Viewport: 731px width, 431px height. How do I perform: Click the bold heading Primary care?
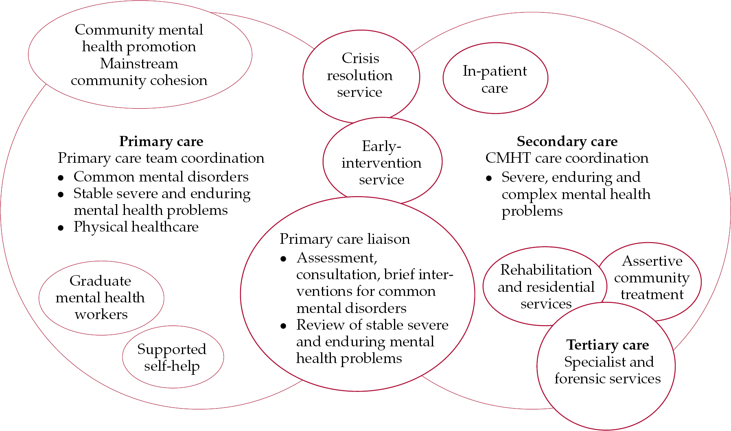click(161, 141)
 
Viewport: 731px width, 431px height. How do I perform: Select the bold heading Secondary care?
click(567, 141)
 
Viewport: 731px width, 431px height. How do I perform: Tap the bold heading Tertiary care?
click(607, 345)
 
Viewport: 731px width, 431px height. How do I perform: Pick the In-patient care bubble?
click(495, 79)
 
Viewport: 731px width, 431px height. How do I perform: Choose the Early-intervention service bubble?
click(381, 162)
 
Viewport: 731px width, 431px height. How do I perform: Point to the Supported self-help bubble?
click(172, 357)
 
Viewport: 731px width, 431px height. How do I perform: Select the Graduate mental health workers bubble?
click(101, 298)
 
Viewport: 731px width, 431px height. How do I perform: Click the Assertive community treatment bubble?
click(652, 278)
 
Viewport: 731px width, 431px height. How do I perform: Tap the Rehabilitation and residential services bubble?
click(546, 287)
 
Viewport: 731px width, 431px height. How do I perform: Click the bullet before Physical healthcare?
click(61, 228)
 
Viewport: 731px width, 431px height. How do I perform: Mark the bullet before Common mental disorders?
click(61, 178)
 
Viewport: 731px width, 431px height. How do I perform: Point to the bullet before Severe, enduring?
click(489, 178)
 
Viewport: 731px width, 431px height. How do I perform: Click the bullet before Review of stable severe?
click(283, 326)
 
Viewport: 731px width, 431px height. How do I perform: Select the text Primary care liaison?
click(345, 239)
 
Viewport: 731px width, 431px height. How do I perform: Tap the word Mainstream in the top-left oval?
click(139, 63)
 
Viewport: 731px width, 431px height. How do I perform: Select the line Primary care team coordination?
click(161, 158)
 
